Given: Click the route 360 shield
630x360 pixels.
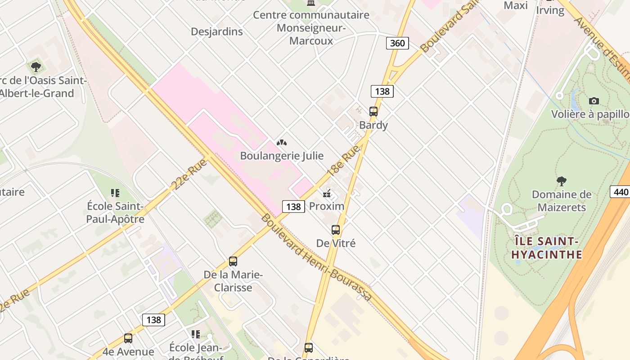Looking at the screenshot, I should pyautogui.click(x=397, y=43).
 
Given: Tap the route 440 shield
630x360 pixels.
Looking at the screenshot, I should pyautogui.click(x=620, y=192).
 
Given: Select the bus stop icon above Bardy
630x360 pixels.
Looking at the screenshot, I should pyautogui.click(x=373, y=111).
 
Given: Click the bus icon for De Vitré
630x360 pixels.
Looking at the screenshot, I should pyautogui.click(x=336, y=230).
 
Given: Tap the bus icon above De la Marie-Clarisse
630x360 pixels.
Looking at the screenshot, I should pyautogui.click(x=233, y=261).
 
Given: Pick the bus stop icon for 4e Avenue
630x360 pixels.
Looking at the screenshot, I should pyautogui.click(x=128, y=338).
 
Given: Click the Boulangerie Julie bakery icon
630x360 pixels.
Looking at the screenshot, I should pyautogui.click(x=282, y=143).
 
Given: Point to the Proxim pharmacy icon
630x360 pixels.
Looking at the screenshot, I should pyautogui.click(x=327, y=193).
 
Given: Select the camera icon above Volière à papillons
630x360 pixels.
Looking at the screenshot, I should pyautogui.click(x=594, y=101).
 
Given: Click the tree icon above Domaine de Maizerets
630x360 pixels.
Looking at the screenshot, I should pyautogui.click(x=561, y=181).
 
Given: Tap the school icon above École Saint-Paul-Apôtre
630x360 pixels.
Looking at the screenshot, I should pyautogui.click(x=115, y=193).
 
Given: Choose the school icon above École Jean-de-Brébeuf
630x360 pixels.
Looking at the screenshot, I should pyautogui.click(x=196, y=334).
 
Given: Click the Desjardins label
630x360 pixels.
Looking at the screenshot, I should pyautogui.click(x=216, y=31).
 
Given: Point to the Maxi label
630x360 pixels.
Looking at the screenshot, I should pyautogui.click(x=516, y=5).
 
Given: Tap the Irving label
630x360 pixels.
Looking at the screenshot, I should pyautogui.click(x=550, y=10).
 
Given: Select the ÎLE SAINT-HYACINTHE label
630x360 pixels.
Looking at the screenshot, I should pyautogui.click(x=547, y=247).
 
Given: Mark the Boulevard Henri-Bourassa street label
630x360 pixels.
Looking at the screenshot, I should pyautogui.click(x=316, y=257).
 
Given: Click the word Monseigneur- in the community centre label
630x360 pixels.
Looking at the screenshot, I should pyautogui.click(x=311, y=28).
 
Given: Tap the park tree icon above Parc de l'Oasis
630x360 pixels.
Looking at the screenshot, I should pyautogui.click(x=36, y=67).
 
